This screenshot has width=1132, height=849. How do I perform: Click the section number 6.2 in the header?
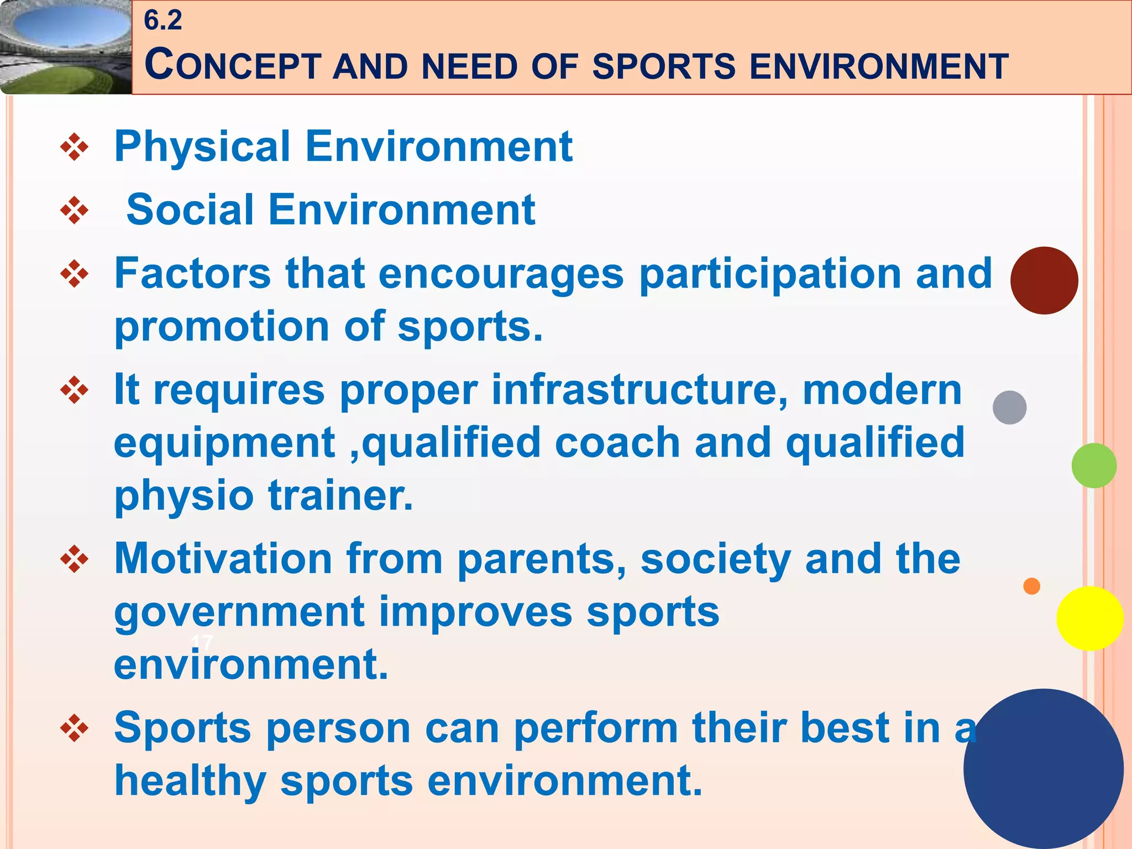point(163,21)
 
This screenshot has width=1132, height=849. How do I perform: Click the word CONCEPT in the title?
point(233,65)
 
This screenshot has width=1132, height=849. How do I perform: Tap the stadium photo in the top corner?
point(65,47)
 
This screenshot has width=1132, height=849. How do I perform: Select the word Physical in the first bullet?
point(202,146)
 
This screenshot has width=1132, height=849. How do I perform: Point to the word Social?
point(190,210)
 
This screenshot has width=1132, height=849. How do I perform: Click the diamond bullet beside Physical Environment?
point(74,148)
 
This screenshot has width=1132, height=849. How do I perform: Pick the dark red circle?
point(1044,281)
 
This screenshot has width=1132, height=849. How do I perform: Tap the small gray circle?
point(1009,407)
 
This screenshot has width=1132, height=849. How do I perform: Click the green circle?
point(1093,465)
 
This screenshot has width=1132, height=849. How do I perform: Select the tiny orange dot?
point(1031,586)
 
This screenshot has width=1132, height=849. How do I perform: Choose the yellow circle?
point(1089,619)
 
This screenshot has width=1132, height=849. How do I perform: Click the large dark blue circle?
point(1043,768)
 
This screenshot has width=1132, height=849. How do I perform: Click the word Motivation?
point(223,559)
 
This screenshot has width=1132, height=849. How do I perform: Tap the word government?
point(239,612)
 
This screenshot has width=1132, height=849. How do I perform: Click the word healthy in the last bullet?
point(190,781)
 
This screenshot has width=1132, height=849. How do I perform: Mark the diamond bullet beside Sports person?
point(74,728)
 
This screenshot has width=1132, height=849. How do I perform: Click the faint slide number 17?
point(202,643)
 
